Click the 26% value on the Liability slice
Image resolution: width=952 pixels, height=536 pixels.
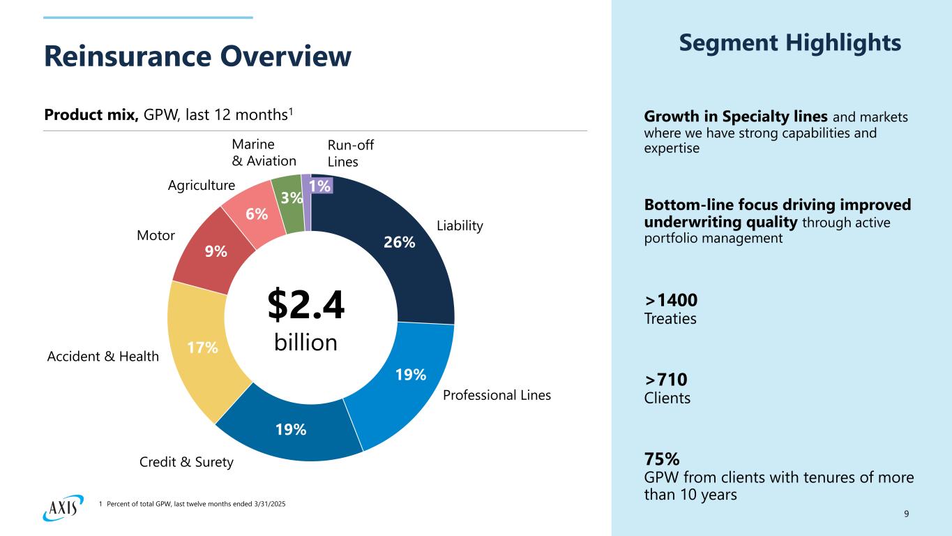coord(400,242)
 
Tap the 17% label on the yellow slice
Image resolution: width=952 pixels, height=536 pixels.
coord(203,347)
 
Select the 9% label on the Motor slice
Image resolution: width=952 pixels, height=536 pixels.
coord(216,251)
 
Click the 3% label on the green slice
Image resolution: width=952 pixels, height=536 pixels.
coord(292,198)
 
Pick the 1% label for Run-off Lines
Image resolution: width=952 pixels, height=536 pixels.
coord(321,185)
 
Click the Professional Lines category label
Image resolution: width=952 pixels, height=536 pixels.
coord(497,396)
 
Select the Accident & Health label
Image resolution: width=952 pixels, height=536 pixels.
coord(103,357)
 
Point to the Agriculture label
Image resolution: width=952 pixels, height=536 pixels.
coord(202,186)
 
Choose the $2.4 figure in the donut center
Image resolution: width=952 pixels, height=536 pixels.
coord(306,306)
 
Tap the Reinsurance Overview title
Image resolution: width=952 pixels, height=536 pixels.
coord(197,57)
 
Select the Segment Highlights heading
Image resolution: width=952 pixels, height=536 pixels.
coord(789,43)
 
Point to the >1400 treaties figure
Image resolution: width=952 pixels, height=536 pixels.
coord(671,300)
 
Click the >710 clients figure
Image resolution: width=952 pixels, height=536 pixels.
coord(666,380)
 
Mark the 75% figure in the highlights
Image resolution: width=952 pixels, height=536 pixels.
coord(662,459)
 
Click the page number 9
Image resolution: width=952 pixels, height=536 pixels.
coord(906,514)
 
